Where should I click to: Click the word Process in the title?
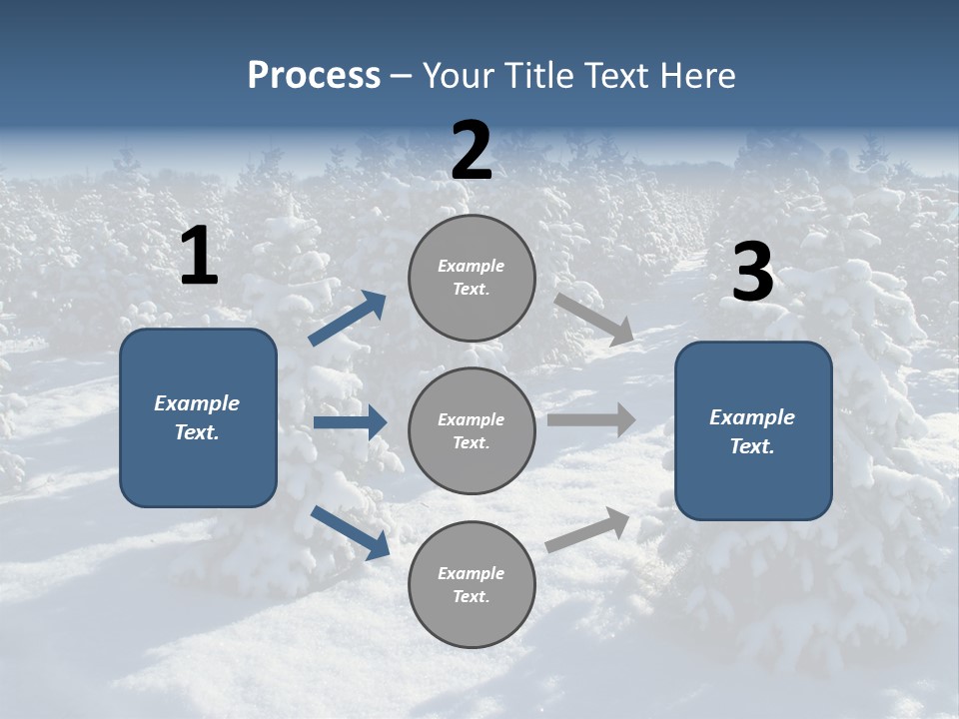pyautogui.click(x=314, y=76)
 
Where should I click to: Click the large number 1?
pyautogui.click(x=199, y=257)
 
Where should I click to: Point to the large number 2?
pyautogui.click(x=472, y=151)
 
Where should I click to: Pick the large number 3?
pyautogui.click(x=752, y=273)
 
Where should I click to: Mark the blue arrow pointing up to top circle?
pyautogui.click(x=348, y=318)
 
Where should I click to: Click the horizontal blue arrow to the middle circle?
pyautogui.click(x=350, y=422)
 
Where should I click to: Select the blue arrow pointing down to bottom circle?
pyautogui.click(x=350, y=531)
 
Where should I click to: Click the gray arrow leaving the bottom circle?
pyautogui.click(x=587, y=529)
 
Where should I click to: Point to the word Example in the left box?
pyautogui.click(x=197, y=403)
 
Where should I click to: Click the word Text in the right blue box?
pyautogui.click(x=751, y=446)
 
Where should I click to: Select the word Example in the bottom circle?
pyautogui.click(x=471, y=573)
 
